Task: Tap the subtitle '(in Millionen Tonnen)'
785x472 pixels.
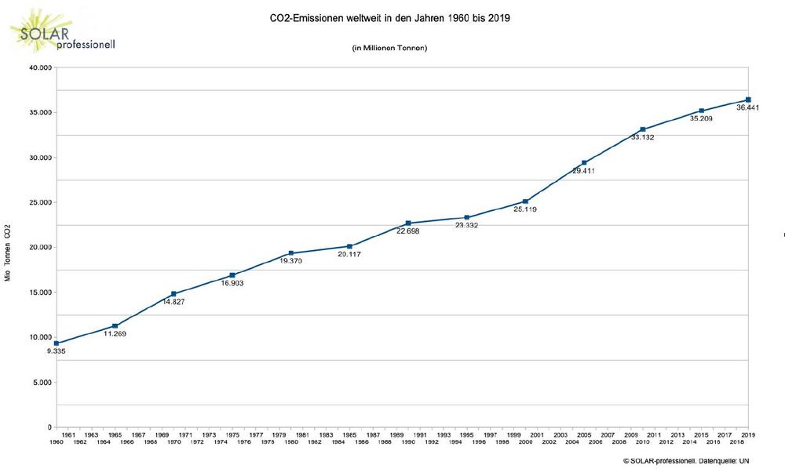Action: [x=389, y=49]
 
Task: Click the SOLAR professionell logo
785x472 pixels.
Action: [x=63, y=31]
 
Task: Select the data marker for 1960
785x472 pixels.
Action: [x=57, y=343]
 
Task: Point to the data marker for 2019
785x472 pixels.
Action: [x=748, y=100]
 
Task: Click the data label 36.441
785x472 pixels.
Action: [x=747, y=107]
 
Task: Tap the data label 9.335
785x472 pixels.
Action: [x=57, y=351]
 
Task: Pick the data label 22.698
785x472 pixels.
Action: [x=408, y=231]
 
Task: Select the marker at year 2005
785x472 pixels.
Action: [x=584, y=163]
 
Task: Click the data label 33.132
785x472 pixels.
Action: [x=642, y=137]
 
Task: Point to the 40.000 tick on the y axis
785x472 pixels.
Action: [x=38, y=67]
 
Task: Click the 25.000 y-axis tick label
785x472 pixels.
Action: [x=38, y=202]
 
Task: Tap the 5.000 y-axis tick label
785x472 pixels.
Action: [x=40, y=383]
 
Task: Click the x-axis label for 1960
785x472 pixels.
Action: [x=57, y=442]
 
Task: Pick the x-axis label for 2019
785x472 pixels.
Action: [x=748, y=434]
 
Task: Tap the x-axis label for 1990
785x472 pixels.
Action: [x=408, y=442]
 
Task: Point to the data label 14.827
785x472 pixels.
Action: [x=173, y=302]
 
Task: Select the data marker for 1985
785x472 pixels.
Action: [x=349, y=246]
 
